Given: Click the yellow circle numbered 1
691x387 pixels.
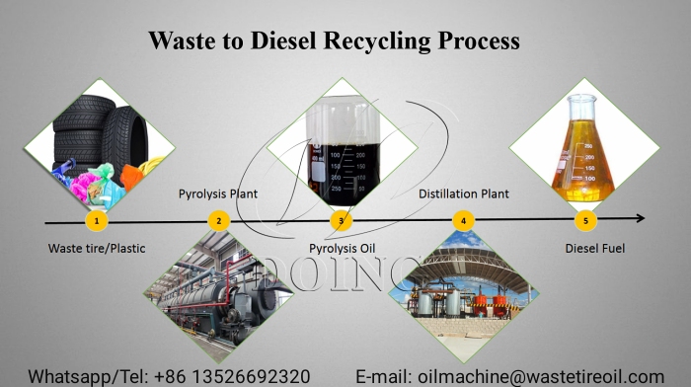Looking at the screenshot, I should coord(96,220).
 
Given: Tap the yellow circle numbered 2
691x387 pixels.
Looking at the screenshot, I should coord(219,220).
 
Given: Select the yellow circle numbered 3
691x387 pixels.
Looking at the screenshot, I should coord(341,220).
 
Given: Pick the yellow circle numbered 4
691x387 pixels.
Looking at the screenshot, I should coord(463,220).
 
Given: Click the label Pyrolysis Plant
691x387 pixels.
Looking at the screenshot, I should coord(218,193).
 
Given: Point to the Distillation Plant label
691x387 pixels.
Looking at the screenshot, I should coord(464,193).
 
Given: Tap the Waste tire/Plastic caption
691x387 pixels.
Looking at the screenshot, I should coord(96,248).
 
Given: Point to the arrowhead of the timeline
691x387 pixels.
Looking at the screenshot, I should coord(640,218).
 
